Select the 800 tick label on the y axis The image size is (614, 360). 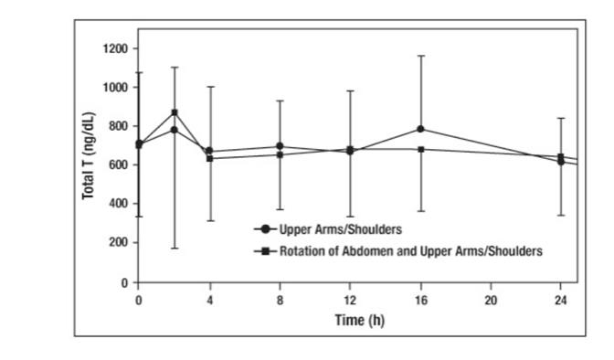point(116,126)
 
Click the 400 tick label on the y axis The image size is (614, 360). point(116,204)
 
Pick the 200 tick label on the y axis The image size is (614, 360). point(116,242)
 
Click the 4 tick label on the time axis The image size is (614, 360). point(209,299)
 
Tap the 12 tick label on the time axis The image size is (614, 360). point(350,299)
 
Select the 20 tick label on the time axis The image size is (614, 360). point(491,299)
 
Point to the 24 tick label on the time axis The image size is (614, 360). point(560,299)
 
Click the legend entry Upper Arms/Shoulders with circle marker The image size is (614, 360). point(329,229)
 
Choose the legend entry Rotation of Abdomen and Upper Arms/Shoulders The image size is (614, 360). point(397,249)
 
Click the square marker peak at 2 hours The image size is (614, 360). point(175,113)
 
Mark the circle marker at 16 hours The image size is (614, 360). point(420,129)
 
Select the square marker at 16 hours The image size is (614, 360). point(420,149)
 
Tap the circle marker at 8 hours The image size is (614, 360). point(280,146)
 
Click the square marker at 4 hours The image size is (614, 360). point(209,158)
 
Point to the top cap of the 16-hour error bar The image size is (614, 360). point(420,56)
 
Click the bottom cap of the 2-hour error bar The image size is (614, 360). point(175,249)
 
